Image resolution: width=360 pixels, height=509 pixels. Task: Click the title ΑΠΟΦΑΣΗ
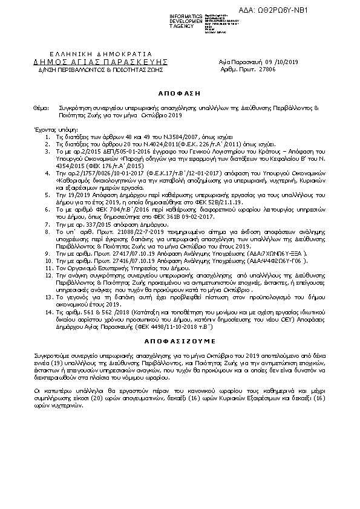[180, 95]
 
